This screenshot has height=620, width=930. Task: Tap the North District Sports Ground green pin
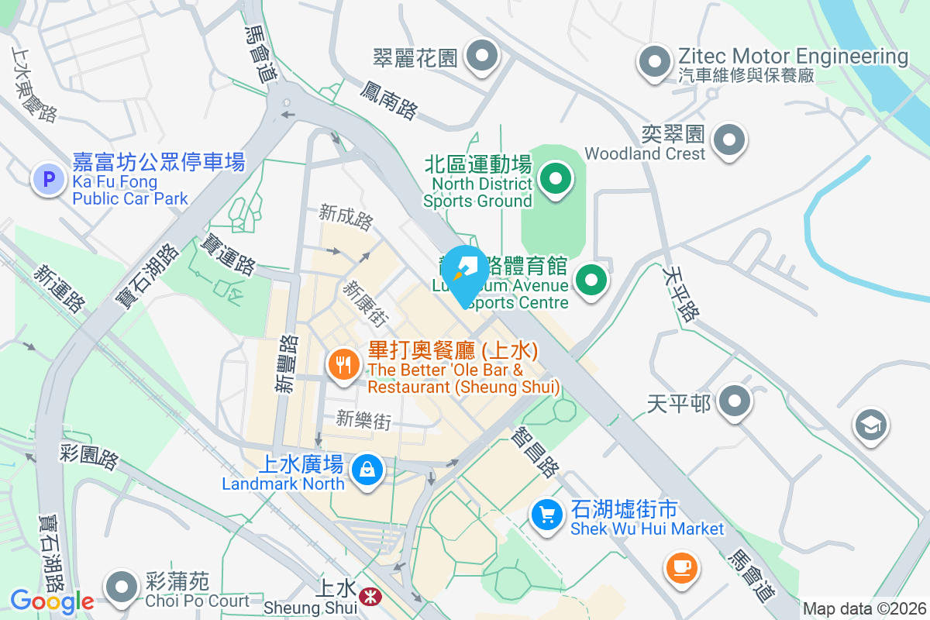pyautogui.click(x=555, y=178)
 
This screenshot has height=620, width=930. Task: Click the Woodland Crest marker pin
pyautogui.click(x=728, y=140)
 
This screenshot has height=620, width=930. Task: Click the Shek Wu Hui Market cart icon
pyautogui.click(x=547, y=515)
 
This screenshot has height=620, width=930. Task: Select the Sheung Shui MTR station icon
pyautogui.click(x=370, y=595)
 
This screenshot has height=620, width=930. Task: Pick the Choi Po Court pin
pyautogui.click(x=122, y=587)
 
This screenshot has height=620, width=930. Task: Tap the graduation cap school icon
pyautogui.click(x=871, y=425)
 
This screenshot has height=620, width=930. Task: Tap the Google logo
pyautogui.click(x=52, y=601)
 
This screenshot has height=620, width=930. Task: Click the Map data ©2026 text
pyautogui.click(x=863, y=608)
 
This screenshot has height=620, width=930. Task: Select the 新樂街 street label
pyautogui.click(x=363, y=419)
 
